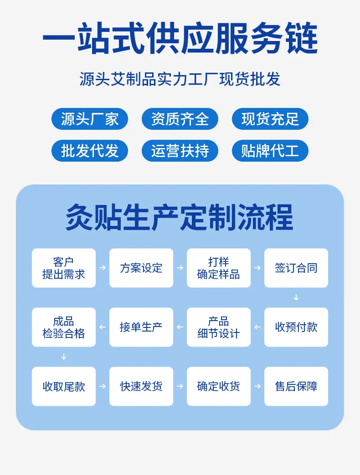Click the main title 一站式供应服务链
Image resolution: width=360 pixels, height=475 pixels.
180,39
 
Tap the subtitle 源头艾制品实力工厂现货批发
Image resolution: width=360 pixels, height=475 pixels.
180,79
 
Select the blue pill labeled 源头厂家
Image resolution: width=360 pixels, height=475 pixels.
90,119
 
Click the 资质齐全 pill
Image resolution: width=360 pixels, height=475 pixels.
180,119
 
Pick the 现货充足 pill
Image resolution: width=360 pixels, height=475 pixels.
270,119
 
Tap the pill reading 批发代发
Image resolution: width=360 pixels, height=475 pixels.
90,151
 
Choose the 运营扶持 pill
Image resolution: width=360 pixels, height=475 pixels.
180,151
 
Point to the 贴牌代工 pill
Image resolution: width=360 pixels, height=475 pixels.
270,151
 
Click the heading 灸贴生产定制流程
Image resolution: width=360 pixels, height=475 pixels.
180,217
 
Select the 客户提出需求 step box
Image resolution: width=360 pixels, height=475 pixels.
64,268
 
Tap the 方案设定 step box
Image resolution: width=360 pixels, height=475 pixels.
141,268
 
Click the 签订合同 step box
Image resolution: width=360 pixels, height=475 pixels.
296,268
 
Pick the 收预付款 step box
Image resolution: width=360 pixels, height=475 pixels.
296,327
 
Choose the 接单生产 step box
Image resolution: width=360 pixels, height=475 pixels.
141,327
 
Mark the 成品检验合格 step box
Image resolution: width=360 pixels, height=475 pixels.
64,327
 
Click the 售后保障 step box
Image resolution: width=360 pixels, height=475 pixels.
296,386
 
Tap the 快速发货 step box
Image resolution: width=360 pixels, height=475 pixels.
141,386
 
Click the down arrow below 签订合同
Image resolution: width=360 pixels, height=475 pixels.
296,297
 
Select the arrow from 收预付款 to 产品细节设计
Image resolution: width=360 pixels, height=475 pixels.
257,327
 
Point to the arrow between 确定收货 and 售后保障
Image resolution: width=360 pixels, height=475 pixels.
257,386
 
